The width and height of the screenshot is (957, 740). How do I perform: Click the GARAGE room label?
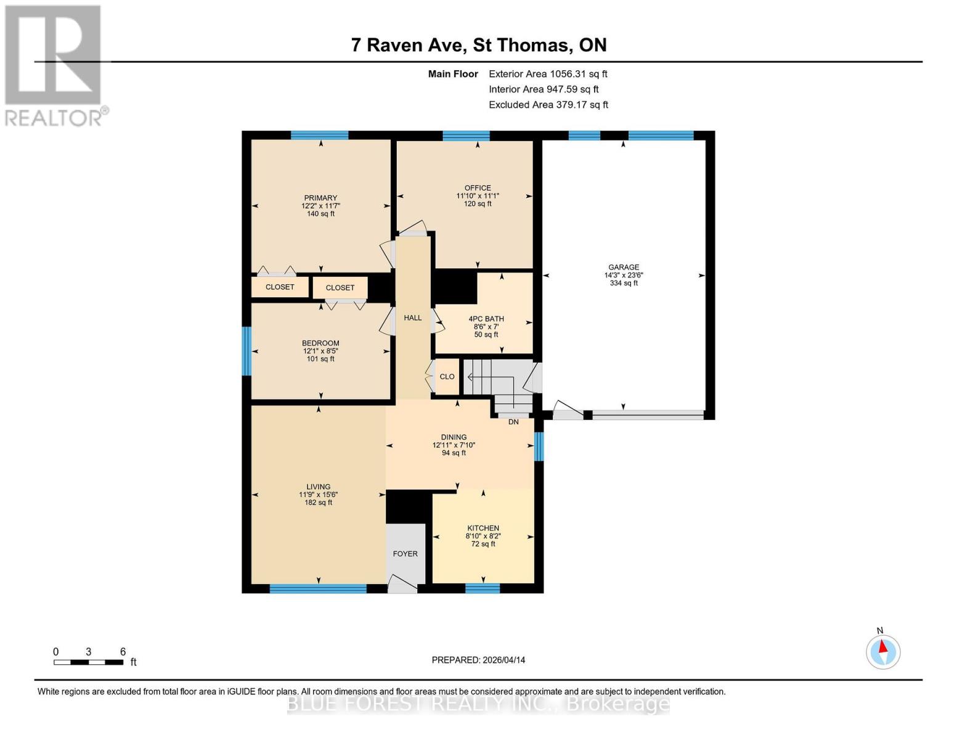coord(623,268)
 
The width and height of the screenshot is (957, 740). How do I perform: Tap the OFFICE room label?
coord(478,188)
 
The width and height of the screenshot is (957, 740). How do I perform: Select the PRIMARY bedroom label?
coord(320,199)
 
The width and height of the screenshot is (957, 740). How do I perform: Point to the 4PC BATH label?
coord(486,319)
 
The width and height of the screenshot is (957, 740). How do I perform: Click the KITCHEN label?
coord(483,528)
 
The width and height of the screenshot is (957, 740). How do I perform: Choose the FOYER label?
coord(405,554)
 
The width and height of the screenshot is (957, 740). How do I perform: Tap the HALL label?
coord(412,318)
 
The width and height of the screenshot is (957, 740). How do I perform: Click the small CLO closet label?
coord(447,377)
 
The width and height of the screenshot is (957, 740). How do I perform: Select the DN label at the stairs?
coord(513,422)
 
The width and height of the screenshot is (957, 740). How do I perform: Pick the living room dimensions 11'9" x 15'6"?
coord(319,495)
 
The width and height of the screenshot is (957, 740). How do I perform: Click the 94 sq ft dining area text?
coord(454,453)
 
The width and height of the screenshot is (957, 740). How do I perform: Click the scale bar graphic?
coord(88,662)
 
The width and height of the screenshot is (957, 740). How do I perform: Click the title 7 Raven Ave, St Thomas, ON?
coord(479,45)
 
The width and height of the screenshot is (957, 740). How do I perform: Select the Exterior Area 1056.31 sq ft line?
coord(548,74)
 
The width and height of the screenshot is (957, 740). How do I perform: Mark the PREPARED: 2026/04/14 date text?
coord(478,660)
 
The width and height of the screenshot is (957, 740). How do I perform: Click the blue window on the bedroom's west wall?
coord(246,351)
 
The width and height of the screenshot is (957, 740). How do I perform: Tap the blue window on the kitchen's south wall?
coord(483,588)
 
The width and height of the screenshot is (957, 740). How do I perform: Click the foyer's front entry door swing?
coord(402,584)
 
